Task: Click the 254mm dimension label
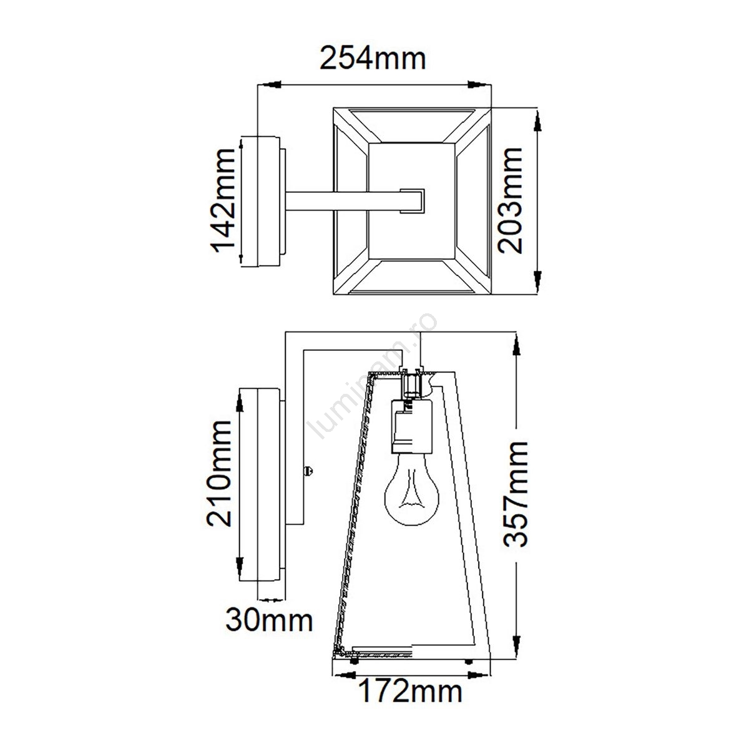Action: [x=373, y=59]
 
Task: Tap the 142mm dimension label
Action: [x=223, y=200]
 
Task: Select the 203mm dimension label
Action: [x=510, y=200]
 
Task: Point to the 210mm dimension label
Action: [x=219, y=473]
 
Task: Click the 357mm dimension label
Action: [x=516, y=494]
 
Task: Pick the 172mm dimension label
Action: [x=410, y=691]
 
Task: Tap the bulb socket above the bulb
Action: [x=410, y=426]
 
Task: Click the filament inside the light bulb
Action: [x=411, y=493]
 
